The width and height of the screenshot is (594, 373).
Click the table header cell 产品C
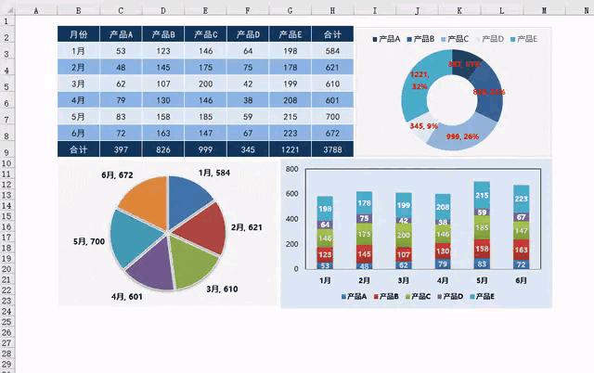205,35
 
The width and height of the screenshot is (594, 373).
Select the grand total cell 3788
332,148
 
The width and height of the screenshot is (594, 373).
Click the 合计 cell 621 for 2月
332,68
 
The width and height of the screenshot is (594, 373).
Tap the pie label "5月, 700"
90,242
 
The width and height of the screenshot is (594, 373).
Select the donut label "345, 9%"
425,126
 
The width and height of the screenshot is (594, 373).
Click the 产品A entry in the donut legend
385,40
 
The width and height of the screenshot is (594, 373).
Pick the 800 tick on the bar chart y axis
292,170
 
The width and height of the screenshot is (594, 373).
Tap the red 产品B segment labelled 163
521,251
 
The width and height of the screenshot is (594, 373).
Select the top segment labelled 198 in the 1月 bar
325,209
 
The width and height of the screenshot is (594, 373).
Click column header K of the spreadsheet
458,10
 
